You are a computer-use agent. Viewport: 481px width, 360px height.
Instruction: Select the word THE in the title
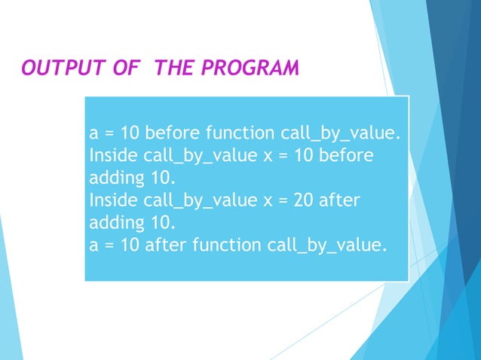click(x=173, y=69)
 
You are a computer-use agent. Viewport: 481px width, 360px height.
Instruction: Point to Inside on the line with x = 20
click(x=112, y=201)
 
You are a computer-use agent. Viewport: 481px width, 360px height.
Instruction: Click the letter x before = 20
click(x=259, y=201)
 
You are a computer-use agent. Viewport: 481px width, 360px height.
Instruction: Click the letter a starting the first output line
click(x=94, y=135)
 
